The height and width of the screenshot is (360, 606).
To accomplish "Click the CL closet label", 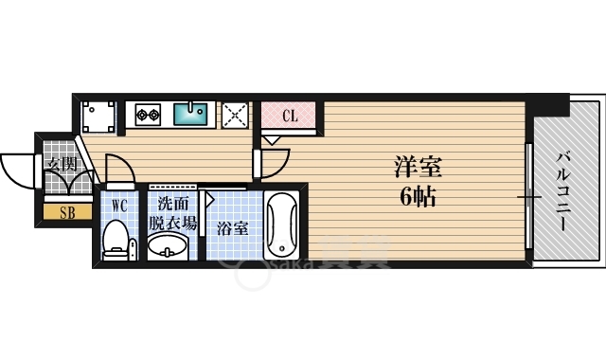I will click(x=291, y=117).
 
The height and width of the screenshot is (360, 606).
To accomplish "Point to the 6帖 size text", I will click(x=418, y=197).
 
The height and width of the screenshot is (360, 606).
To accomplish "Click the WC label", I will click(x=119, y=206).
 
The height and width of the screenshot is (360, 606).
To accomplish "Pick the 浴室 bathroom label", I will click(x=233, y=228).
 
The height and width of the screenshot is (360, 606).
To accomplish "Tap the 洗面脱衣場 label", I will click(x=171, y=213).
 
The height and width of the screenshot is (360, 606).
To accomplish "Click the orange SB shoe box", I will click(x=68, y=212).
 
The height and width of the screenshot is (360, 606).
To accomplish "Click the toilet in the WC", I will click(x=116, y=241).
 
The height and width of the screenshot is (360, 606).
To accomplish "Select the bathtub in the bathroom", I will click(x=282, y=226).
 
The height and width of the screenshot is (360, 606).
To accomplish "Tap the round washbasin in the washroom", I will click(x=169, y=247).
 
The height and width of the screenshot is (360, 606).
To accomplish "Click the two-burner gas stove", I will click(x=147, y=116).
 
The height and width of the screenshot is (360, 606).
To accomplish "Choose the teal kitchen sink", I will click(x=195, y=115).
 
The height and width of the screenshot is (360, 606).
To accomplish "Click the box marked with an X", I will click(x=235, y=114).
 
